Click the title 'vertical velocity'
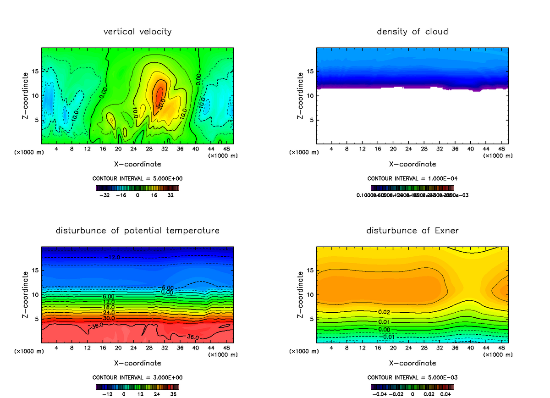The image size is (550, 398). (x=137, y=32)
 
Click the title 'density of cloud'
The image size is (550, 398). (x=412, y=32)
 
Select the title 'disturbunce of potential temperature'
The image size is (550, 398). (x=137, y=231)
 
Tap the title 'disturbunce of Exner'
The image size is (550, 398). (x=412, y=231)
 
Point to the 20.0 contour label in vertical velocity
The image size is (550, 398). (x=161, y=104)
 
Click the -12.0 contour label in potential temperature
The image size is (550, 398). (x=114, y=257)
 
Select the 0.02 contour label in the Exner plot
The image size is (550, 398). (x=384, y=312)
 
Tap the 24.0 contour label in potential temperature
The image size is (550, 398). (x=109, y=312)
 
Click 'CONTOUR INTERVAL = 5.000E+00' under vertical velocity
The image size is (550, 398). (x=137, y=178)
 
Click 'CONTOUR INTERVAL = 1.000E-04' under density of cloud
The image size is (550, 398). (x=412, y=178)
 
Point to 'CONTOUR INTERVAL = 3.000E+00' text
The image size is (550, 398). (x=137, y=377)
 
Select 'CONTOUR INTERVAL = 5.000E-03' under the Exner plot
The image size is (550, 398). (x=412, y=377)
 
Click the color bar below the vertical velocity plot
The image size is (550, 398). (x=137, y=188)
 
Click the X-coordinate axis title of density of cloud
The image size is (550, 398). (x=412, y=164)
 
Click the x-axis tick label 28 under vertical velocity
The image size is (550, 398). (x=149, y=149)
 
